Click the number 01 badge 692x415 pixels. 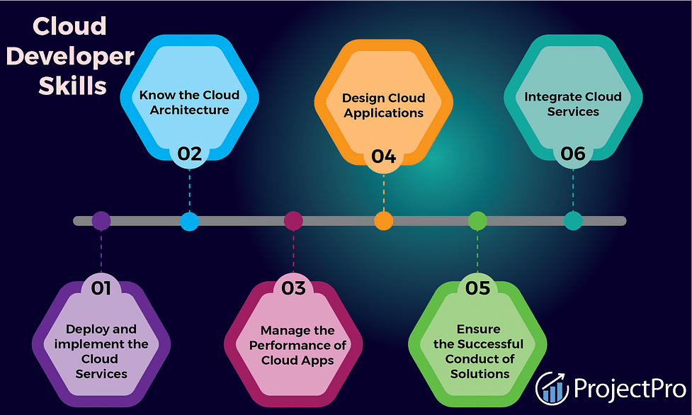tap(101, 288)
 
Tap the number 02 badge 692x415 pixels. tap(189, 154)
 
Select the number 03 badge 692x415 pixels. tap(293, 288)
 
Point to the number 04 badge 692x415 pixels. tap(383, 157)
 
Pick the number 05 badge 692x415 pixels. tap(477, 288)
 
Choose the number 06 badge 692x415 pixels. tap(573, 154)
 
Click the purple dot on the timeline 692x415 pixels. tap(101, 221)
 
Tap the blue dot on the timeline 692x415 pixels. tap(189, 221)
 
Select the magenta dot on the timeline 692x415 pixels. tap(293, 221)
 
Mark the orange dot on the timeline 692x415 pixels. tap(383, 221)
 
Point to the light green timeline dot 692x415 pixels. tap(477, 221)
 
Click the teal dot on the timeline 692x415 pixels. tap(573, 221)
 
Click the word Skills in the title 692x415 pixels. tap(73, 86)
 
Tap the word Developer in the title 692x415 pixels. tap(70, 57)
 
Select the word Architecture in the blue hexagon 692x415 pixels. tap(189, 110)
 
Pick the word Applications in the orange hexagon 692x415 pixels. tap(383, 113)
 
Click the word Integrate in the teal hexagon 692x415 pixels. tap(547, 97)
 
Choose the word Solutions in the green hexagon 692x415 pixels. tap(480, 374)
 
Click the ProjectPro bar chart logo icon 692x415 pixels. tap(552, 388)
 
